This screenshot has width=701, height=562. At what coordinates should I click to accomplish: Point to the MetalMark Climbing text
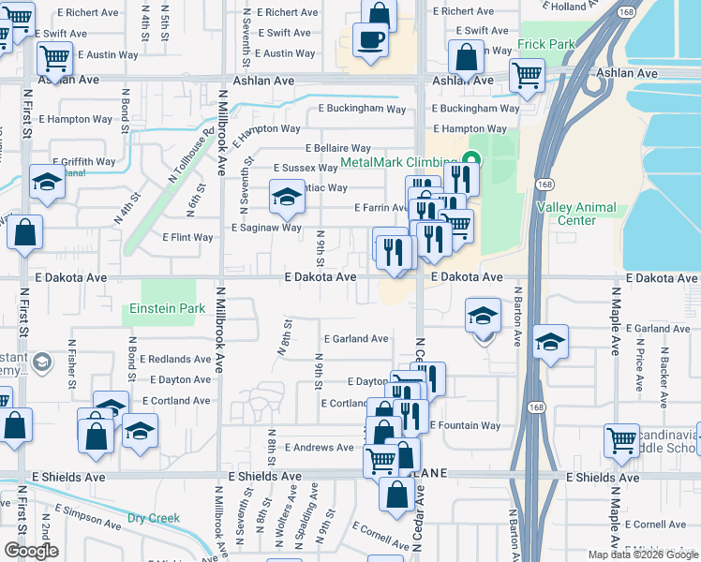pos(399,162)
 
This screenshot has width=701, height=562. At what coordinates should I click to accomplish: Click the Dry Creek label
pos(154,518)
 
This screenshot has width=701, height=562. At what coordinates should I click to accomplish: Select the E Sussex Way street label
pos(305,168)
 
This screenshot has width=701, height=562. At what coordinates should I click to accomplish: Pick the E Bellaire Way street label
pos(338,148)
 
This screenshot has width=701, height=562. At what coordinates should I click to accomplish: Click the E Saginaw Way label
pos(266,228)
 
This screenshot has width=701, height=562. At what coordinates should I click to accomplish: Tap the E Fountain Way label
pos(465,425)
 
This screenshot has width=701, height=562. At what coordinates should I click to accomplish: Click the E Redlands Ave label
pos(175,359)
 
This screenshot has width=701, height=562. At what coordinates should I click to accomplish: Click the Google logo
pos(32,551)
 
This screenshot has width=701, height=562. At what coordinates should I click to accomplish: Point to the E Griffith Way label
pos(84,161)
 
